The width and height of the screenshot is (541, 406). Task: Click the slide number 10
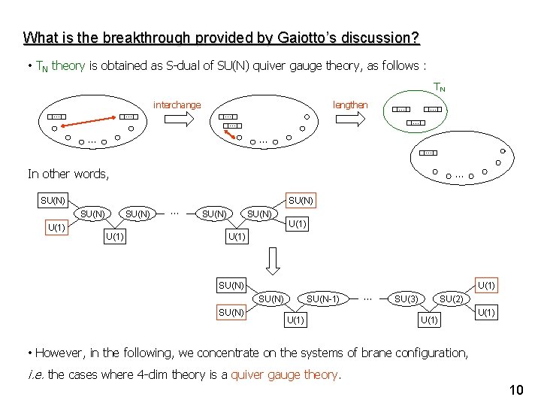tap(515, 389)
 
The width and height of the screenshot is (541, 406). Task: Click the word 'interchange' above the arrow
tap(177, 105)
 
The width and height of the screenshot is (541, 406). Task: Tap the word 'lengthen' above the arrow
tap(350, 105)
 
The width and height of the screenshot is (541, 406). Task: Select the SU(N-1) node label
tap(323, 299)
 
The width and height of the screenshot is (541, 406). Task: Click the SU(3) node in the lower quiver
tap(407, 299)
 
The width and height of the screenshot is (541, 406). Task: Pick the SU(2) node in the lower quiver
tap(451, 299)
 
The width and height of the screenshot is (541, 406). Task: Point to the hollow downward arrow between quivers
tap(274, 259)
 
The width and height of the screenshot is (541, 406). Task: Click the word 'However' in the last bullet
tap(59, 353)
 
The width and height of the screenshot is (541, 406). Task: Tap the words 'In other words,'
tap(68, 174)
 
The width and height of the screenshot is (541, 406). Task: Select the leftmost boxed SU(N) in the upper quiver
tap(53, 201)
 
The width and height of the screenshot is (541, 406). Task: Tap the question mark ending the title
tap(416, 37)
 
